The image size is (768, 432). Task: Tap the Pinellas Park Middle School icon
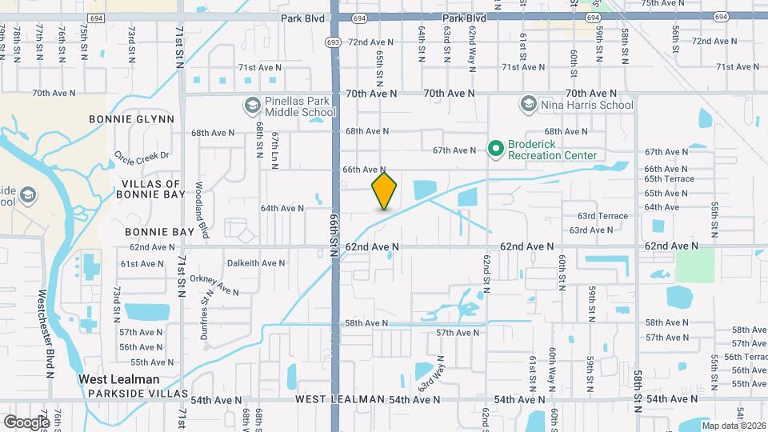point(252,105)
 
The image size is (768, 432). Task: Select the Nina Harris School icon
point(528,105)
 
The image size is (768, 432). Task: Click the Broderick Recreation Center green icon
point(495,148)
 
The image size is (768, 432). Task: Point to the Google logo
point(26,421)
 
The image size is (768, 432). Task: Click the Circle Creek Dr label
point(142,155)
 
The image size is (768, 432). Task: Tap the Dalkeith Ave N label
point(256,262)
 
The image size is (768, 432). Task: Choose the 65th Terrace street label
point(670,180)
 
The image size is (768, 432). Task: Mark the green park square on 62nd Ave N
point(694,265)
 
